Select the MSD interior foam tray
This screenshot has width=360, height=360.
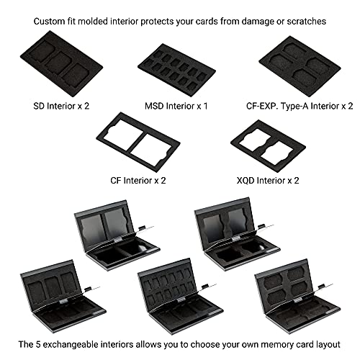click(173, 67)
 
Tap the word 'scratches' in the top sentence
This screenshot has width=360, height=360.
click(305, 22)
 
